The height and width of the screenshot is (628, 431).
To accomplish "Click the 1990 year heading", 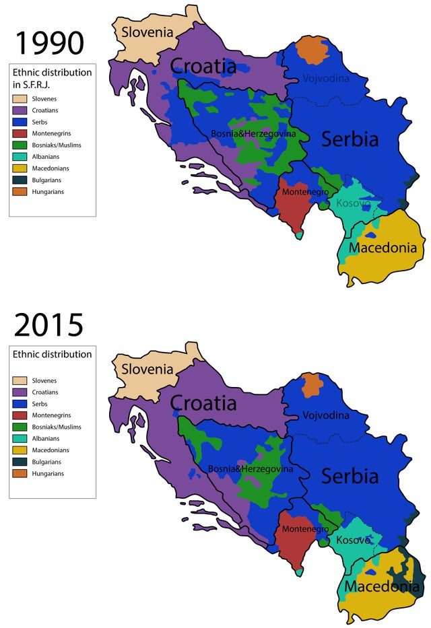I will (x=48, y=42).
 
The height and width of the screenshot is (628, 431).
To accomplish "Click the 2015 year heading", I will (x=48, y=325).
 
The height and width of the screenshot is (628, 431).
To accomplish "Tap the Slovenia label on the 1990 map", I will (x=147, y=32).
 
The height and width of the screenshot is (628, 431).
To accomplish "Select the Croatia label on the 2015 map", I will (x=203, y=403).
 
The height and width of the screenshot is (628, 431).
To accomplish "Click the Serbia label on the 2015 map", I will (x=350, y=476).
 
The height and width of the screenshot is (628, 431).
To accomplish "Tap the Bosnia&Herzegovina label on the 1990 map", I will (x=253, y=133).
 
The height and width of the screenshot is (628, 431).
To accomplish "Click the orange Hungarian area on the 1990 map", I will (x=310, y=48).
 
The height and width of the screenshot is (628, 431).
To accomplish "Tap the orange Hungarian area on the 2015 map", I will (x=311, y=385).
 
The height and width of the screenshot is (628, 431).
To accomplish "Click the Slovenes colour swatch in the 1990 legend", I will (x=20, y=99).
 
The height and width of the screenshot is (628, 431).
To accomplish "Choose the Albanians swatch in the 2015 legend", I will (x=20, y=439).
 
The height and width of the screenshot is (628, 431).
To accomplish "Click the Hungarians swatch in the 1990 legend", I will (x=20, y=191).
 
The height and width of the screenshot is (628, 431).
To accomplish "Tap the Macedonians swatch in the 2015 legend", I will (x=20, y=450).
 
